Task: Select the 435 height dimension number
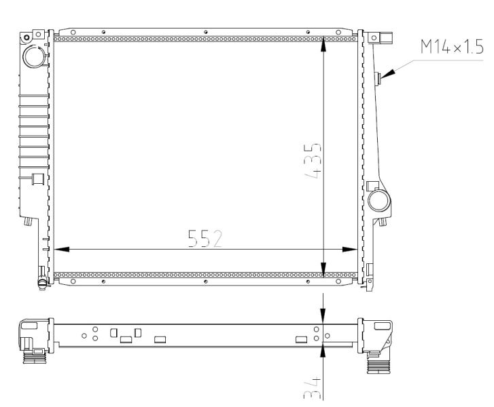click(313, 159)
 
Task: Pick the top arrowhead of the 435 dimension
click(323, 42)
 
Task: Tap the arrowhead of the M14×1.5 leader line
click(385, 77)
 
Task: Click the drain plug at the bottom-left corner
click(42, 275)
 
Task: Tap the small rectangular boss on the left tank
click(38, 179)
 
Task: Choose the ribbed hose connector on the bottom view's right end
click(377, 367)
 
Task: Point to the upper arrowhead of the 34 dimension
click(323, 315)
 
